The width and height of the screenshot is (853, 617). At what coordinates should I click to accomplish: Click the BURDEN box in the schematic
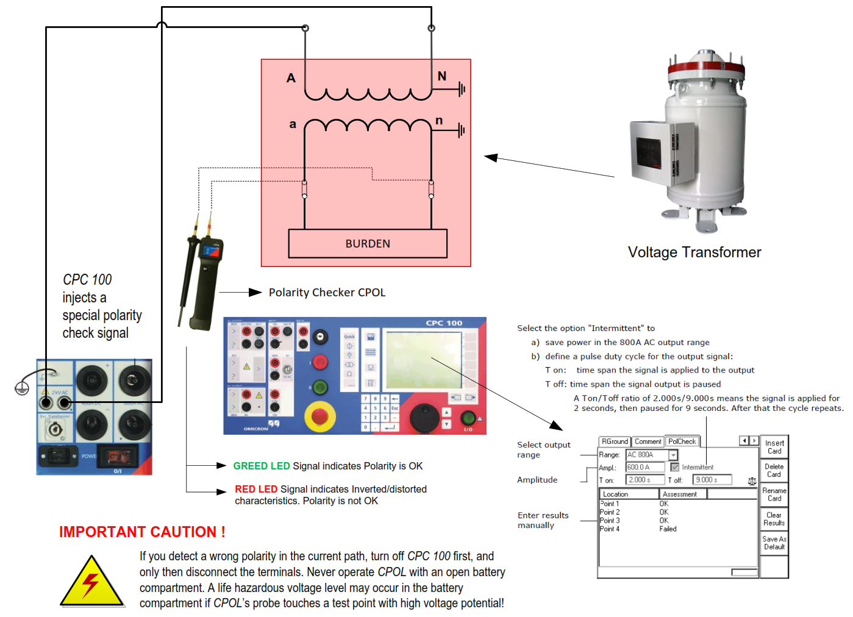tap(368, 244)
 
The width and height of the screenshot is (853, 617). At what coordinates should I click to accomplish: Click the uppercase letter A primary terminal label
tap(291, 78)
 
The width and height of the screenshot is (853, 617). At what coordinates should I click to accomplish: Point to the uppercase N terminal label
tap(442, 76)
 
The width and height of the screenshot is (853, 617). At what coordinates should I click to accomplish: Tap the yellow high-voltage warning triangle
tap(91, 582)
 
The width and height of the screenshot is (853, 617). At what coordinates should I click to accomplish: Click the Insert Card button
tap(774, 447)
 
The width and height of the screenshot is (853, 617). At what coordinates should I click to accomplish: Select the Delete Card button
tap(774, 470)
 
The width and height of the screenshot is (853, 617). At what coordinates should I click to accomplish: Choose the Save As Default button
tap(774, 543)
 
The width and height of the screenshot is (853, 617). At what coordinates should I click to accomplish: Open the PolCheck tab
tap(682, 441)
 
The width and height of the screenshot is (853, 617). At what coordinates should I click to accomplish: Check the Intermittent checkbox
tap(675, 467)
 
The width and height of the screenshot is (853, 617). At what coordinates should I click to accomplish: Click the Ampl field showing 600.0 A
tap(645, 467)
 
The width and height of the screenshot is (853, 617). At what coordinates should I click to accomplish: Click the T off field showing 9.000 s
tap(712, 480)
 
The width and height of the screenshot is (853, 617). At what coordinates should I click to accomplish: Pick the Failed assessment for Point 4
tap(668, 529)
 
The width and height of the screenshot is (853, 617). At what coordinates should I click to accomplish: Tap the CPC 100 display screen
tap(423, 360)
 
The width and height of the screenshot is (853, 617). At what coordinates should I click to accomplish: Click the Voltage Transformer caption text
tap(694, 252)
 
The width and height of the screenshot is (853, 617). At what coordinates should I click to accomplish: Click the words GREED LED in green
tap(262, 466)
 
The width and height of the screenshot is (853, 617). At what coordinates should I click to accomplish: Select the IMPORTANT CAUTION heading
tap(142, 532)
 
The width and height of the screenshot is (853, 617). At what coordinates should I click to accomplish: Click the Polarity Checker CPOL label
tap(327, 293)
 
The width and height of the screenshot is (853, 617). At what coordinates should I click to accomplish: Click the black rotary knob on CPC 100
tap(423, 417)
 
